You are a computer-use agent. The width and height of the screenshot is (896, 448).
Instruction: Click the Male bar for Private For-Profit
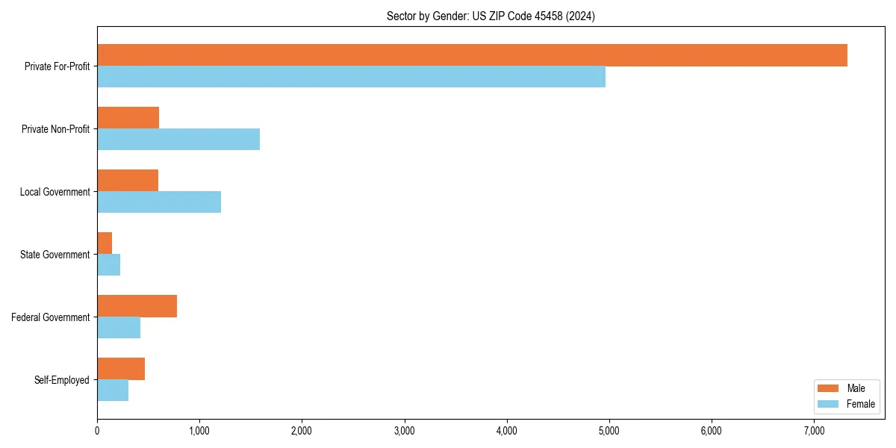click(x=472, y=55)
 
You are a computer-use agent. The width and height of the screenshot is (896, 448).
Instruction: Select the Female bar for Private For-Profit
click(x=351, y=77)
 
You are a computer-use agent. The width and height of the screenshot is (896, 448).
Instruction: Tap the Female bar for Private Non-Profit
click(x=178, y=140)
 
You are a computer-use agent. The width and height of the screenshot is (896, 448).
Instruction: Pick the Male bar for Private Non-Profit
click(x=128, y=118)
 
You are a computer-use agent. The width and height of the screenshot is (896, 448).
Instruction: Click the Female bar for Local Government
click(x=159, y=202)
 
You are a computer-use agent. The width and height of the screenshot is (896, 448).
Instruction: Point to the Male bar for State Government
click(x=105, y=243)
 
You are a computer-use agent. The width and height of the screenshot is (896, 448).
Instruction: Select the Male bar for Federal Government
click(x=137, y=306)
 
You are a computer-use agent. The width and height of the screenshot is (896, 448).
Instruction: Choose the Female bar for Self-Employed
click(x=113, y=391)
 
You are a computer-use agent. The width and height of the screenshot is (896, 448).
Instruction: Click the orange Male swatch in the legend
click(x=829, y=389)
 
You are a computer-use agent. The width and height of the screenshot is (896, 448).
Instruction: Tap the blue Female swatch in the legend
click(x=829, y=404)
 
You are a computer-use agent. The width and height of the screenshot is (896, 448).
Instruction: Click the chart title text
click(x=491, y=16)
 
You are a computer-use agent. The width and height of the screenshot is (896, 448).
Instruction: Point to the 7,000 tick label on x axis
click(x=814, y=430)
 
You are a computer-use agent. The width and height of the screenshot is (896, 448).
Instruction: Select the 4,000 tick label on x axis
click(x=506, y=430)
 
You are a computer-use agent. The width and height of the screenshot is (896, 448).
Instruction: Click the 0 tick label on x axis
click(x=97, y=430)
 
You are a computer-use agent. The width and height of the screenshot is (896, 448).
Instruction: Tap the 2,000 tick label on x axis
click(x=302, y=430)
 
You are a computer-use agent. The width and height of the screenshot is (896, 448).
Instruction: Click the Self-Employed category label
click(x=61, y=380)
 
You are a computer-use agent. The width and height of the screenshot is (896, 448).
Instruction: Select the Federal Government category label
click(x=50, y=317)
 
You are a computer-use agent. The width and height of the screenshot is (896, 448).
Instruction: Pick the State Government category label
click(x=55, y=255)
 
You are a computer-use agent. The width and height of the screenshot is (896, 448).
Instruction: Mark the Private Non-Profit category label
click(x=55, y=129)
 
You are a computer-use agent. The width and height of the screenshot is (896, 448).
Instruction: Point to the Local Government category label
click(x=55, y=192)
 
